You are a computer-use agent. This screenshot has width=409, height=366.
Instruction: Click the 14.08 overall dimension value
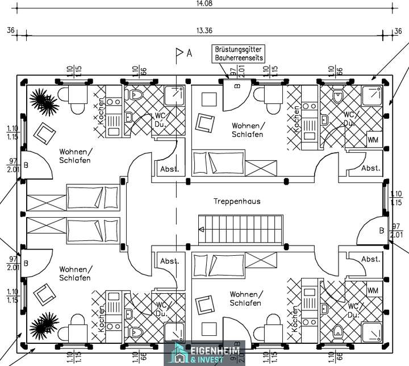[204, 3]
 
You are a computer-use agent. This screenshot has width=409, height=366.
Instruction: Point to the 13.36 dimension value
[204, 30]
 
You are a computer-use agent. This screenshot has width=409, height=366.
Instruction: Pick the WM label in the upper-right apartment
[373, 140]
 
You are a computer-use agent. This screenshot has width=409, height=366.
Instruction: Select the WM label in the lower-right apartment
[373, 290]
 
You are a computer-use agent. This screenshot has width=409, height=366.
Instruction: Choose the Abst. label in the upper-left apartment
[169, 169]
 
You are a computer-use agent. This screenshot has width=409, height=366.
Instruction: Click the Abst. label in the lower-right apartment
[371, 259]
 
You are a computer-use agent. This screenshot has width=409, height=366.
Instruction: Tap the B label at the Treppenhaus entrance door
[381, 230]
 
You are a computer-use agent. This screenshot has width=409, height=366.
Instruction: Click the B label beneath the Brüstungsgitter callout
[237, 86]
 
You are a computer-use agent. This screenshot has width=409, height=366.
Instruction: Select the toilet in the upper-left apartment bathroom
[136, 94]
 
